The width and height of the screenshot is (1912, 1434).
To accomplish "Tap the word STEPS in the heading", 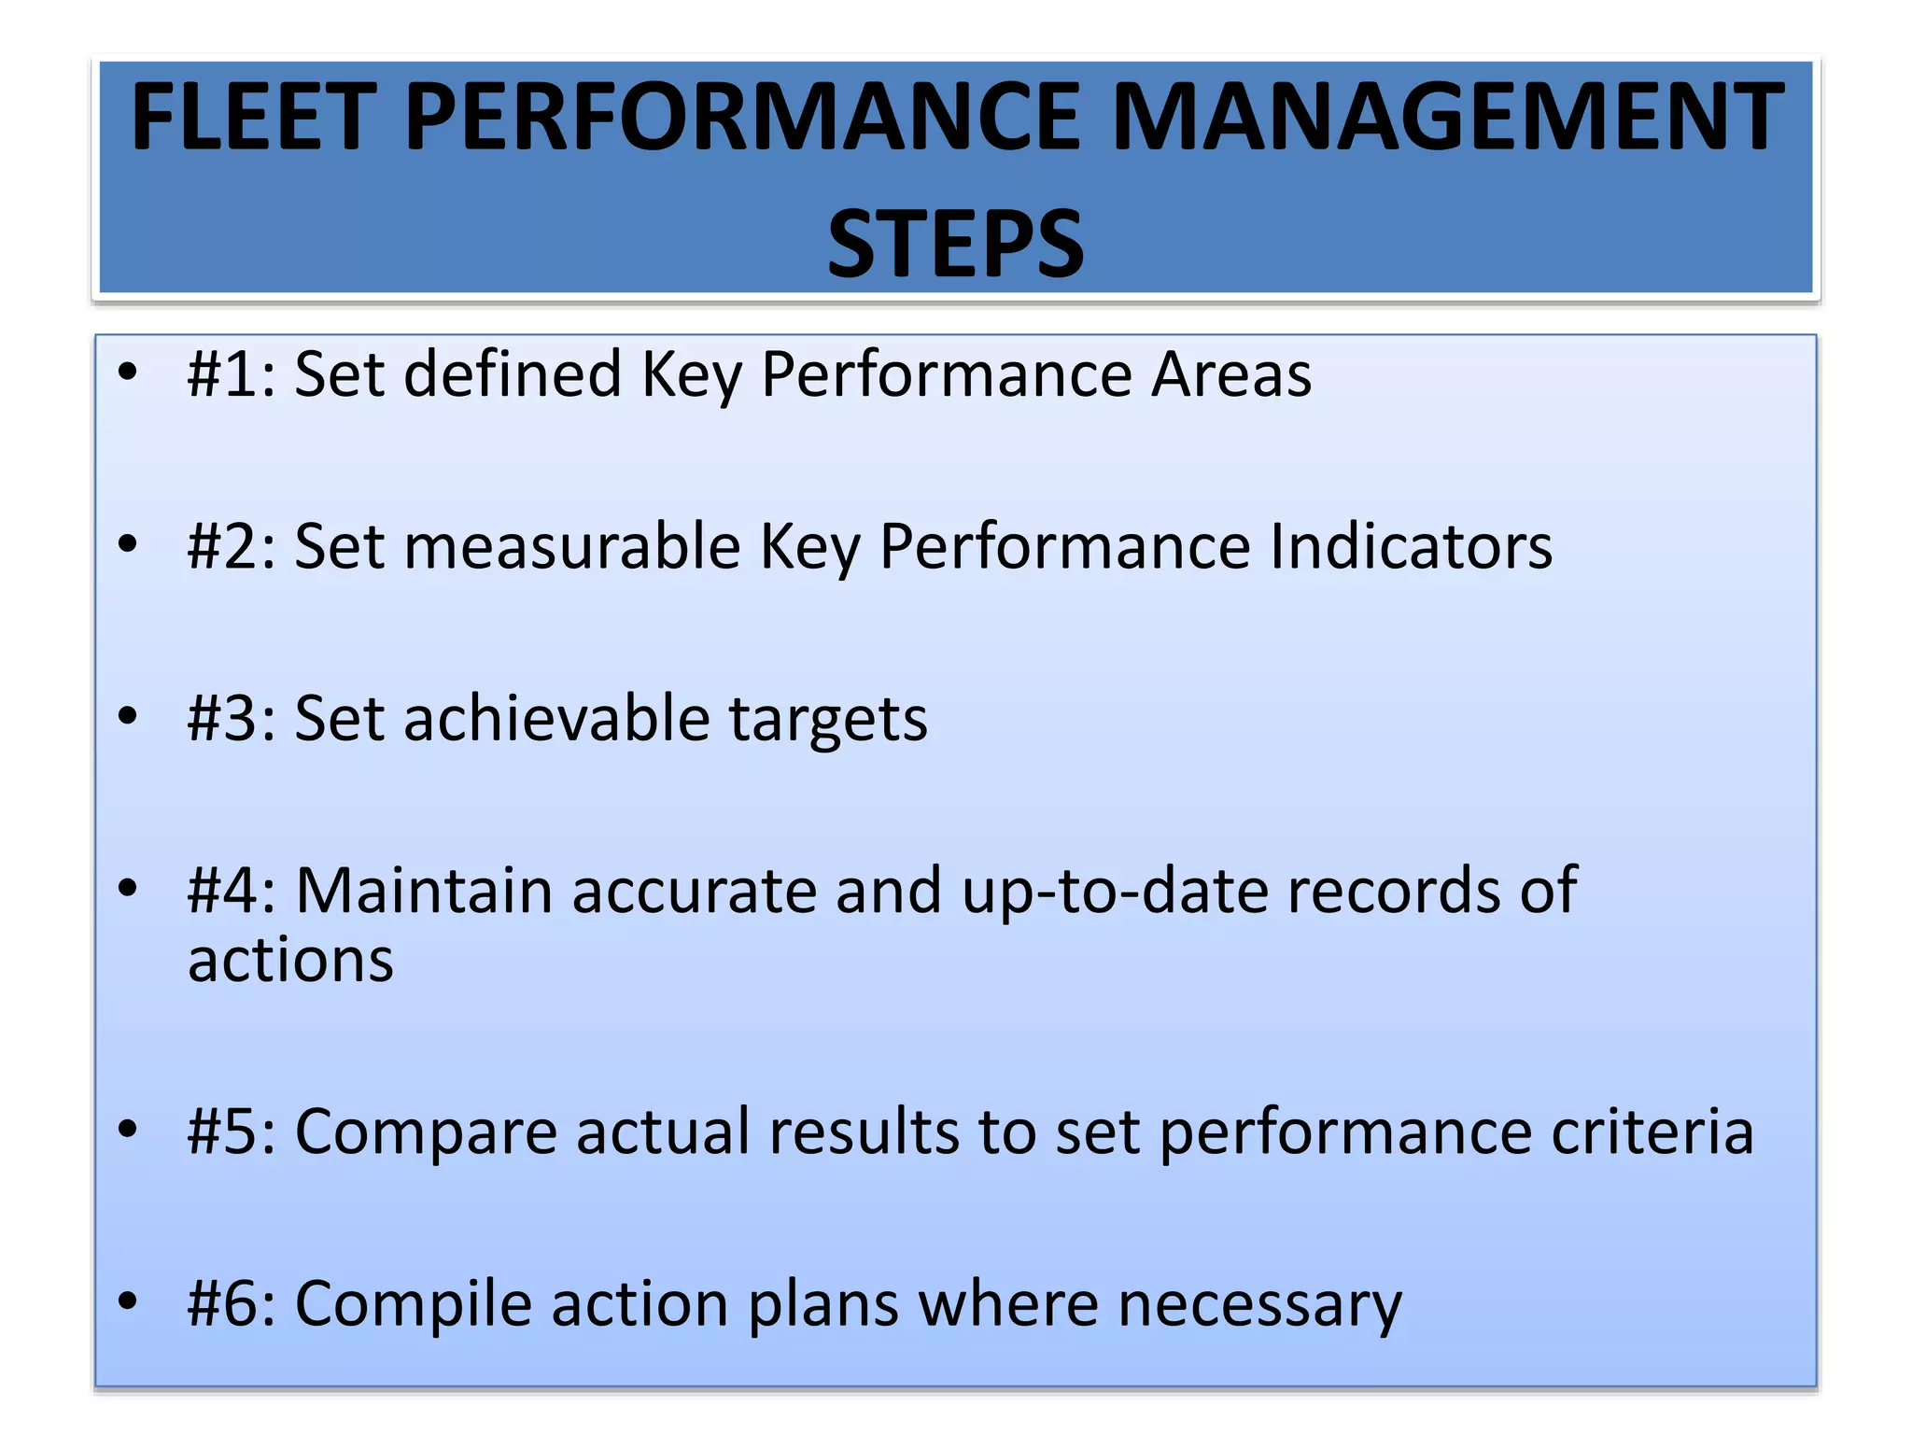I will (x=955, y=245).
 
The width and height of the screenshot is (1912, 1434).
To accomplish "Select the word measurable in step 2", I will (x=571, y=547).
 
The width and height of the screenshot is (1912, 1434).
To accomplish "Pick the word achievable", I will (x=556, y=719).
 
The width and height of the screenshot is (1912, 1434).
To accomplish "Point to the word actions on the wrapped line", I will (x=290, y=962).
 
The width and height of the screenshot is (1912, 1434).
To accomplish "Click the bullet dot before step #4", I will (x=128, y=888).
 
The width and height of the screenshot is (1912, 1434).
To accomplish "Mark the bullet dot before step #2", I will (x=128, y=543).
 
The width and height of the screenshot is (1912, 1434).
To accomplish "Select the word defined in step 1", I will (x=513, y=374).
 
